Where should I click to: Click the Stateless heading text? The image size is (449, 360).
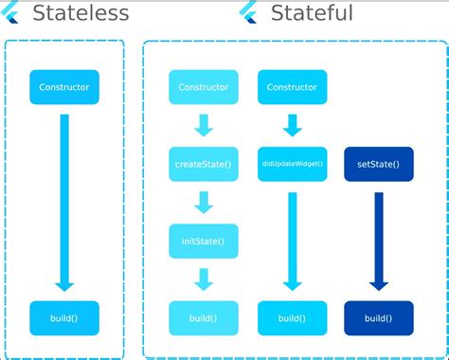[81, 13]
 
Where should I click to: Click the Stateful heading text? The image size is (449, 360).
[312, 13]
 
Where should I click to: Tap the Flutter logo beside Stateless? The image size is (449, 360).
[12, 13]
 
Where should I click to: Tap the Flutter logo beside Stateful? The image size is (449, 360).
[248, 13]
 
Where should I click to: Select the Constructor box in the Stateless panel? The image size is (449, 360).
[64, 87]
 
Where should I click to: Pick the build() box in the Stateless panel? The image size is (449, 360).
[64, 318]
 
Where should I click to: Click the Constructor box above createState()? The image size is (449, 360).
[203, 87]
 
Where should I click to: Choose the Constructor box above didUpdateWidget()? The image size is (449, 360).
[292, 87]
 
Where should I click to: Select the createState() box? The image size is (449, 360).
[203, 164]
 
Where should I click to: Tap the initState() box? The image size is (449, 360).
[203, 241]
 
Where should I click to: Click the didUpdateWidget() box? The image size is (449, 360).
[292, 164]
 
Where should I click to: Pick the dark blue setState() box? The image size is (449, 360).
[378, 164]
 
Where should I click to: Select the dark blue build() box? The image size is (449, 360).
[378, 318]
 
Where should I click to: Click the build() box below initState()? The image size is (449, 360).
[203, 318]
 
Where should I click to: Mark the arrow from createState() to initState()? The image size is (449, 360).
[203, 202]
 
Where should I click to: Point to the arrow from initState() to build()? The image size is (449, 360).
[203, 279]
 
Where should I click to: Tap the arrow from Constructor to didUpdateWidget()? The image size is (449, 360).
[292, 125]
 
